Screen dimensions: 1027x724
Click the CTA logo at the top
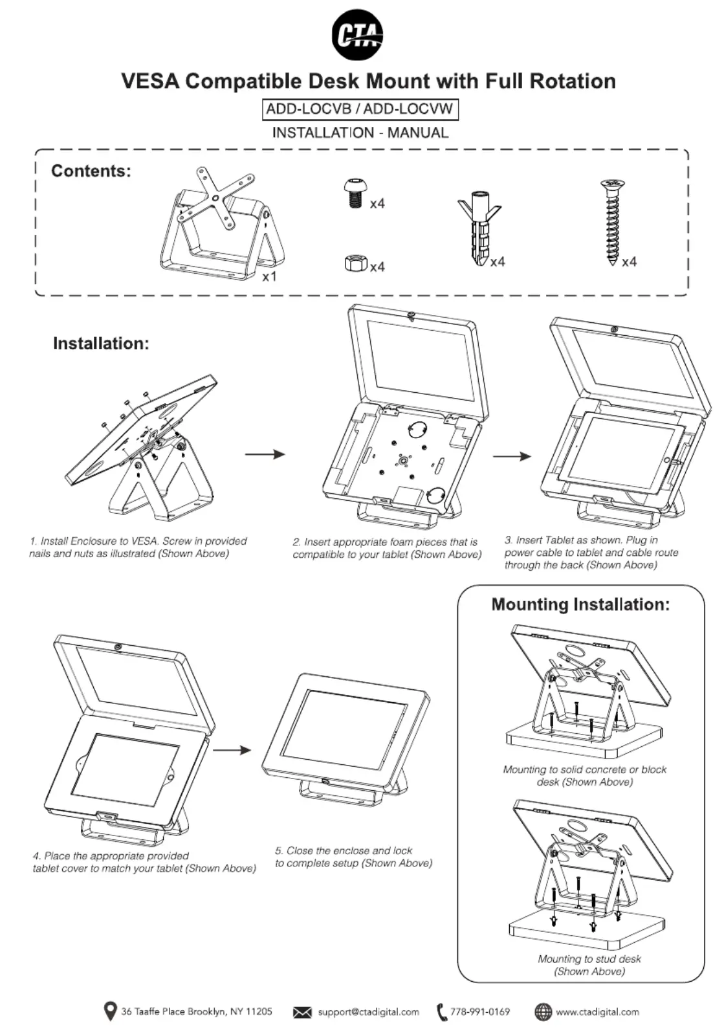point(357,34)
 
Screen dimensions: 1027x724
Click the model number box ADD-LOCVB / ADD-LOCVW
point(360,109)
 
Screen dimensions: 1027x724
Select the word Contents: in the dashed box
point(91,171)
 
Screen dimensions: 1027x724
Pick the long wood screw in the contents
point(611,222)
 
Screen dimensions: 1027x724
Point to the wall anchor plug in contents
point(479,230)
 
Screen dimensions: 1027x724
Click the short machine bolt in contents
point(354,192)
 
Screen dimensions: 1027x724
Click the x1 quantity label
point(269,276)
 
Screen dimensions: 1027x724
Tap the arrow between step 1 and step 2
point(265,454)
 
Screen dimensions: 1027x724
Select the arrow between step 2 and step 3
point(512,456)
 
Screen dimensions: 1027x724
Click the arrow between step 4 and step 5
point(232,750)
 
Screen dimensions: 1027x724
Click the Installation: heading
point(101,343)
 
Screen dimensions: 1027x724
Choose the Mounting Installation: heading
point(580,604)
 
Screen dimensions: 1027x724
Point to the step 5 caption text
point(353,857)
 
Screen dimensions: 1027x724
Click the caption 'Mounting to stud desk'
point(589,959)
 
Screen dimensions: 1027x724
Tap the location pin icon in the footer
point(111,1011)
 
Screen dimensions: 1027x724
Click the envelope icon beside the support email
point(302,1012)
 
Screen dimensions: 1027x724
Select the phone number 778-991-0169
point(480,1011)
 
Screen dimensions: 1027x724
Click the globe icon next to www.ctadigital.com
point(543,1011)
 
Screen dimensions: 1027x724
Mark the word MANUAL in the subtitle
point(418,133)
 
